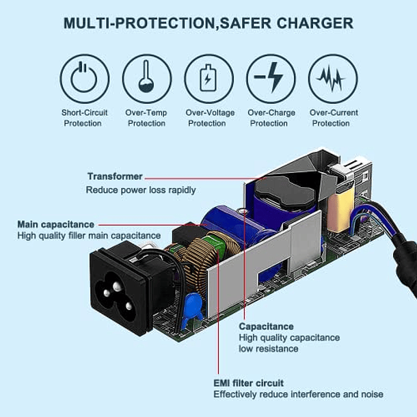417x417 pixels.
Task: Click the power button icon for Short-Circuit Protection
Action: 85,79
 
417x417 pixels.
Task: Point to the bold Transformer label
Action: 115,176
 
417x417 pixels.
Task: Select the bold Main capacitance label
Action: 55,224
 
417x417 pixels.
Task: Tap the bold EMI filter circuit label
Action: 249,383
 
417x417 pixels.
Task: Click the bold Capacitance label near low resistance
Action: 266,326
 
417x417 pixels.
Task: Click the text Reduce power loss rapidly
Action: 141,190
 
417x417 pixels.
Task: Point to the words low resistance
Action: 269,349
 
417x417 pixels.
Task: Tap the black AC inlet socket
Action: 120,290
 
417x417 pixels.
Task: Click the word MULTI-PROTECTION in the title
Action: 139,23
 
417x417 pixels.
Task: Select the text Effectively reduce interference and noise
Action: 298,394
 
